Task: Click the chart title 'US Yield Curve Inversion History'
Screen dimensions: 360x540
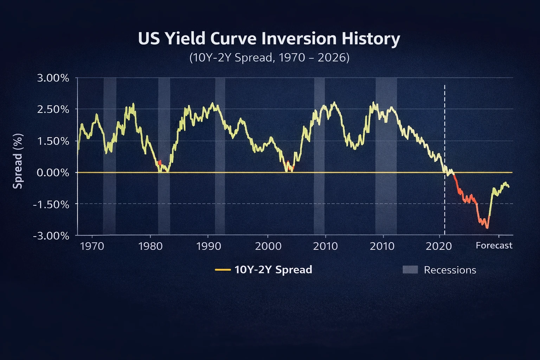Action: click(x=269, y=39)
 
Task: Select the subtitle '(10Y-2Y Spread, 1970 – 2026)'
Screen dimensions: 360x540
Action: click(x=269, y=57)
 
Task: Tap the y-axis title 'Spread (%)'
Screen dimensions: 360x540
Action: click(x=18, y=161)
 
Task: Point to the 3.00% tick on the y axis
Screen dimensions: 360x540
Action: click(x=53, y=78)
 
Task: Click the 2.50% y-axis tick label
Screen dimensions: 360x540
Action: click(x=53, y=109)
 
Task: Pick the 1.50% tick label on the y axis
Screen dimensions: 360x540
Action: click(x=53, y=141)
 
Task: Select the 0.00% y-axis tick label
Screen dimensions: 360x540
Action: click(x=53, y=173)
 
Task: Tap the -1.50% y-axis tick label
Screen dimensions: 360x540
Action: click(x=51, y=204)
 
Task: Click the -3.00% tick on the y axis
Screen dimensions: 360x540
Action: click(x=51, y=236)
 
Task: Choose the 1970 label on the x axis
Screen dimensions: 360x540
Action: click(x=92, y=246)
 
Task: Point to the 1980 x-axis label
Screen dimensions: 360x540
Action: click(x=150, y=246)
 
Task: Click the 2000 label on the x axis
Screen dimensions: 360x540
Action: click(x=268, y=246)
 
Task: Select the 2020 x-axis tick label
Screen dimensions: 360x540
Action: click(x=438, y=246)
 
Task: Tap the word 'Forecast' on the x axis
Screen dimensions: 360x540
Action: click(x=494, y=245)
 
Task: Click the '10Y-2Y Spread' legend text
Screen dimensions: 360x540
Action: click(x=273, y=270)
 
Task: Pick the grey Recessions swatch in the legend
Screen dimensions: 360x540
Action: click(x=410, y=270)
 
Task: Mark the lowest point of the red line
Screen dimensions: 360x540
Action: click(x=487, y=228)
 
